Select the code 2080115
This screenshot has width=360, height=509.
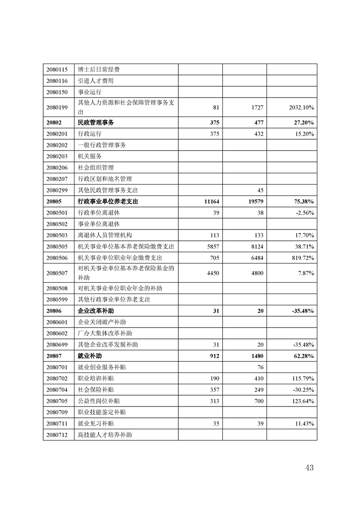57,70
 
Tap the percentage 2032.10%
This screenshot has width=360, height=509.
301,108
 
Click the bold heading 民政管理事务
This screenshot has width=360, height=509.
96,122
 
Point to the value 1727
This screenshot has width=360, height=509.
257,108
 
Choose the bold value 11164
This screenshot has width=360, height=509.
212,201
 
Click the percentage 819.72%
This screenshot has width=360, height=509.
303,258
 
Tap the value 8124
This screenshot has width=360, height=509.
257,246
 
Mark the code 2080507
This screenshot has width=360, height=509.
57,273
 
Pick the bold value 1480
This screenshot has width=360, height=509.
256,356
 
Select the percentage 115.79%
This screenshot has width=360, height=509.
303,378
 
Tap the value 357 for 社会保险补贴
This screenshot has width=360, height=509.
213,390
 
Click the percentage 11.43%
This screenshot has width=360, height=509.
304,423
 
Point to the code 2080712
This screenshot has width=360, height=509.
57,435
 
